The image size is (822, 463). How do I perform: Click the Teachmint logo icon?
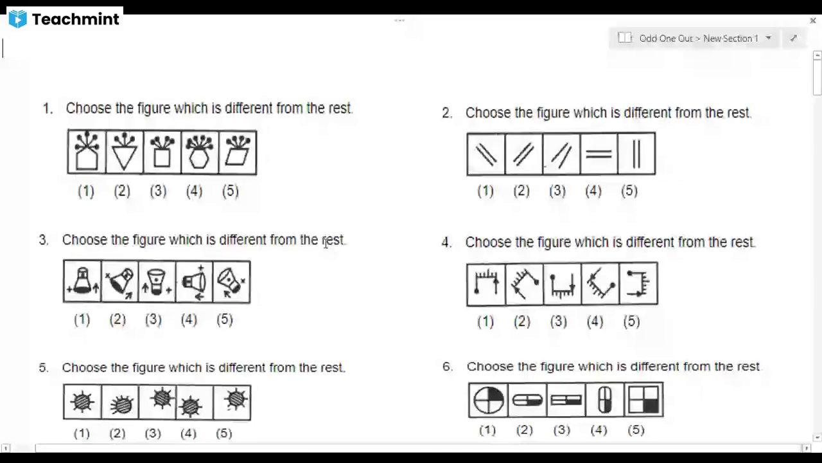pos(17,19)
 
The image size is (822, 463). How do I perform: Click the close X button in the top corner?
pos(813,21)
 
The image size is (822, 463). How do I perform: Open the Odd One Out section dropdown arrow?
pos(769,37)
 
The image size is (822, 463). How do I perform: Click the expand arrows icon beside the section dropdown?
pos(793,38)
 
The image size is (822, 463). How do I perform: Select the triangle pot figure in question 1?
pos(125,152)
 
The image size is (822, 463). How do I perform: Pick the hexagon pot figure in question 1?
pos(199,152)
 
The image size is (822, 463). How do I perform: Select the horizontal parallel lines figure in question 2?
pos(599,154)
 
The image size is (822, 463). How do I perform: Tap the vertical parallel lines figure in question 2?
pos(636,154)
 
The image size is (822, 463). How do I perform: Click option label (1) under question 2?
pos(485,191)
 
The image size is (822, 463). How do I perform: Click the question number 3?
pos(43,240)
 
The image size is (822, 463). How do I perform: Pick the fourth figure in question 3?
pos(195,282)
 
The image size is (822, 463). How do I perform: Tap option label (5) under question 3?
pos(225,320)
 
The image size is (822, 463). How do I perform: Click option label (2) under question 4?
pos(522,322)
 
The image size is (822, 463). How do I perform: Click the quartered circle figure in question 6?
pos(488,400)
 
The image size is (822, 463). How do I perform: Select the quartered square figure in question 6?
pos(643,400)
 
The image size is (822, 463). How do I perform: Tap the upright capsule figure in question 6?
pos(604,400)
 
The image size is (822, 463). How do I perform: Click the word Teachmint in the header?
pos(76,19)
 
